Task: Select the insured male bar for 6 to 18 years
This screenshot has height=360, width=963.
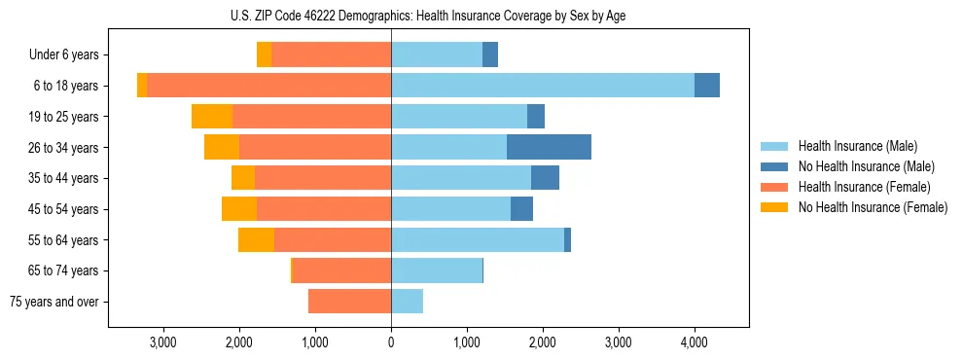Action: tap(542, 86)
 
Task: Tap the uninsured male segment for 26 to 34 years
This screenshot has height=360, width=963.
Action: tap(549, 147)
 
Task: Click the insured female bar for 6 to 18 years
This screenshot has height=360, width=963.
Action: tap(268, 86)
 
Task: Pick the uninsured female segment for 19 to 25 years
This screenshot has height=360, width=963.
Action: tap(212, 117)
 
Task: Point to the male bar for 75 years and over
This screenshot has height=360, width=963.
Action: tap(407, 302)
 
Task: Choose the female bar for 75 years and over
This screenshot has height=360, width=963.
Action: tap(349, 302)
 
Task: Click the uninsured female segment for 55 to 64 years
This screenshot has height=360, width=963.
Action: tap(256, 240)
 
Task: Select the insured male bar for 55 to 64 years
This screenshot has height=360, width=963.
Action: tap(477, 240)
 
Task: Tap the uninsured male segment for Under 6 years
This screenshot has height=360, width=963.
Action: tap(490, 55)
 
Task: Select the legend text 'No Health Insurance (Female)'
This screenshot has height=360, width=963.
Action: tap(872, 207)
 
